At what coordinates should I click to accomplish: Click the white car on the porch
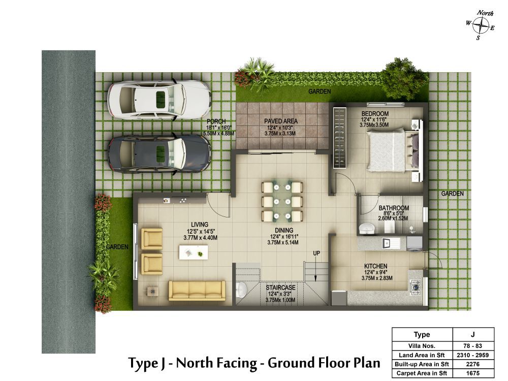pos(158,99)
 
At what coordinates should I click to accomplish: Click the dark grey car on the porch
pos(158,153)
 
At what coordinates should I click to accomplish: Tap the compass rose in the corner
pos(480,25)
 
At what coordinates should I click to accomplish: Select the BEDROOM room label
pos(375,114)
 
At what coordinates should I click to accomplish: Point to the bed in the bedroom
pos(393,150)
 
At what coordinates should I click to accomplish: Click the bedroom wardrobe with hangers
pos(340,138)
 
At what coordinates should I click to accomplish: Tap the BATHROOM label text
pos(394,208)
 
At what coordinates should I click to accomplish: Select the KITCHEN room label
pos(375,266)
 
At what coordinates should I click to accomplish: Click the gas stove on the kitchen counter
pos(416,287)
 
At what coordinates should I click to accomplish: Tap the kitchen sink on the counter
pos(391,243)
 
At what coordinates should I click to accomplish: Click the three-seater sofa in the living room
pos(197,290)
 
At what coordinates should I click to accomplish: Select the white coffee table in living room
pos(194,252)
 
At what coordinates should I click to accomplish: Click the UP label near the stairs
pos(316,253)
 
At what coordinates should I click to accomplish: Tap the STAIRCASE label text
pos(280,288)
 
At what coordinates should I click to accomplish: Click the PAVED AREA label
pos(280,121)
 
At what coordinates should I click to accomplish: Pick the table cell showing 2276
pos(472,364)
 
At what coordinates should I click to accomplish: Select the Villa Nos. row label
pos(422,346)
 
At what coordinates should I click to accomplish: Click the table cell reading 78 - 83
pos(472,346)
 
